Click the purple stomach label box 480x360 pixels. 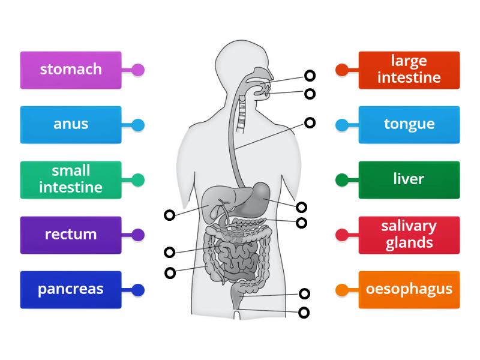(71, 70)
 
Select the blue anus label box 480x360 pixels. (71, 125)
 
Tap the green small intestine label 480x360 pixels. (71, 179)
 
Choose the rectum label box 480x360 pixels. (71, 235)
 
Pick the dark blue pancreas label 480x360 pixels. (71, 289)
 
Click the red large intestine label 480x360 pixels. (409, 70)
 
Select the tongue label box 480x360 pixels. (409, 125)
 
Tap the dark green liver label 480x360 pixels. (409, 179)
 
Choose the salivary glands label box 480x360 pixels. (409, 235)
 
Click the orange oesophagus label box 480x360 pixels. (409, 289)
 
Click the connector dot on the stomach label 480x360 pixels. (138, 70)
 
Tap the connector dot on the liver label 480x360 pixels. (342, 179)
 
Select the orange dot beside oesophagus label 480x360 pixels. (342, 290)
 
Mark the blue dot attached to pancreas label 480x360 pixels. (138, 290)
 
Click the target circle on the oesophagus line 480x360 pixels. (310, 122)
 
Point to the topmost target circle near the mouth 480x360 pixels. (310, 75)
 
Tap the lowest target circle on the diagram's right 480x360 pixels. (304, 312)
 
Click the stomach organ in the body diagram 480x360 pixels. (259, 195)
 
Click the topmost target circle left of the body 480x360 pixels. (170, 215)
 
